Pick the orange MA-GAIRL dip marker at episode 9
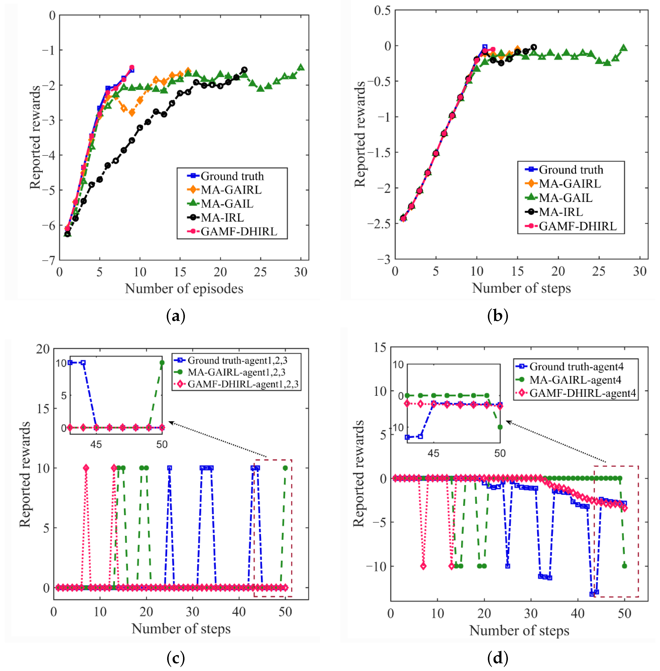[x=132, y=113]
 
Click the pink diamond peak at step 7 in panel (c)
[x=86, y=468]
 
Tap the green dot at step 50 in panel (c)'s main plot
[x=285, y=468]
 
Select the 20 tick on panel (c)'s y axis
[x=43, y=349]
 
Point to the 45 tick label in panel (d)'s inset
[x=433, y=453]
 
